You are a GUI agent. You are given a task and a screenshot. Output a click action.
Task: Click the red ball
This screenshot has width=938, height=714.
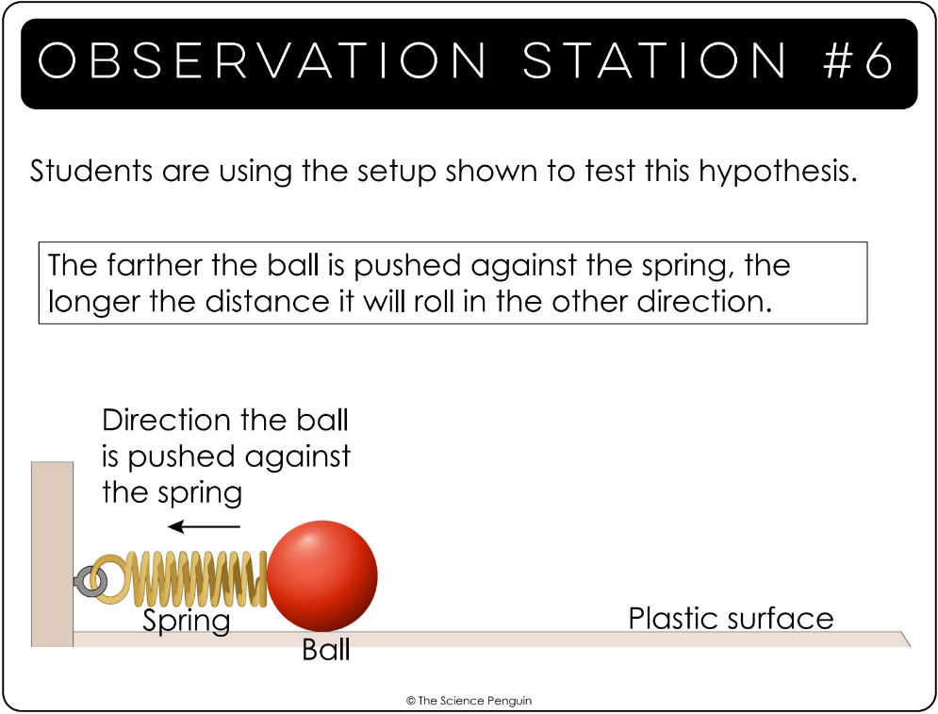click(x=321, y=575)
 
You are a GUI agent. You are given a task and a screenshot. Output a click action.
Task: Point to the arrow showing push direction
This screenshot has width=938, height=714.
click(x=204, y=526)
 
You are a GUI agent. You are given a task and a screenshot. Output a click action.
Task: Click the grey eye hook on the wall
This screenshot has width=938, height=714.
click(x=91, y=580)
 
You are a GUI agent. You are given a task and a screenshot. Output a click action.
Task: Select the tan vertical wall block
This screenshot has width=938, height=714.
click(x=52, y=554)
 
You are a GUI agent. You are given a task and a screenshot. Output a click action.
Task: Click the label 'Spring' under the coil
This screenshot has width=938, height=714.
click(x=186, y=621)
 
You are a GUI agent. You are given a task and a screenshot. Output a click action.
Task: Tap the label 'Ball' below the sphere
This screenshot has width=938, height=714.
click(x=325, y=650)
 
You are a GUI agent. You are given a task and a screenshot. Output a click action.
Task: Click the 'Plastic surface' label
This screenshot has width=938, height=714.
click(x=731, y=618)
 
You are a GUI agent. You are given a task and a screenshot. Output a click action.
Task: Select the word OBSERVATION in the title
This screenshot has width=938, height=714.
click(x=262, y=60)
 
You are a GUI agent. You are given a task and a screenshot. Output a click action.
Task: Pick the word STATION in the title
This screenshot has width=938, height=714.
click(x=655, y=60)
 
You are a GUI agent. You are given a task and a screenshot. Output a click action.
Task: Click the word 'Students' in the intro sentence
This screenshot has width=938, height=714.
click(x=91, y=171)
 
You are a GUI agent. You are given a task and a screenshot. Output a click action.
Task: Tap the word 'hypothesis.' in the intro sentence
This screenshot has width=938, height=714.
click(x=778, y=173)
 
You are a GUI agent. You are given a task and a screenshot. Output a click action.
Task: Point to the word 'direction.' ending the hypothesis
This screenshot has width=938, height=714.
click(x=704, y=301)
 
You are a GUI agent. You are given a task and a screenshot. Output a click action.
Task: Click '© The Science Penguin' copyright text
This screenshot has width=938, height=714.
click(x=469, y=700)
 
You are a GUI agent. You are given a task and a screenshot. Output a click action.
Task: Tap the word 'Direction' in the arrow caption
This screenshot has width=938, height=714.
click(x=166, y=420)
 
